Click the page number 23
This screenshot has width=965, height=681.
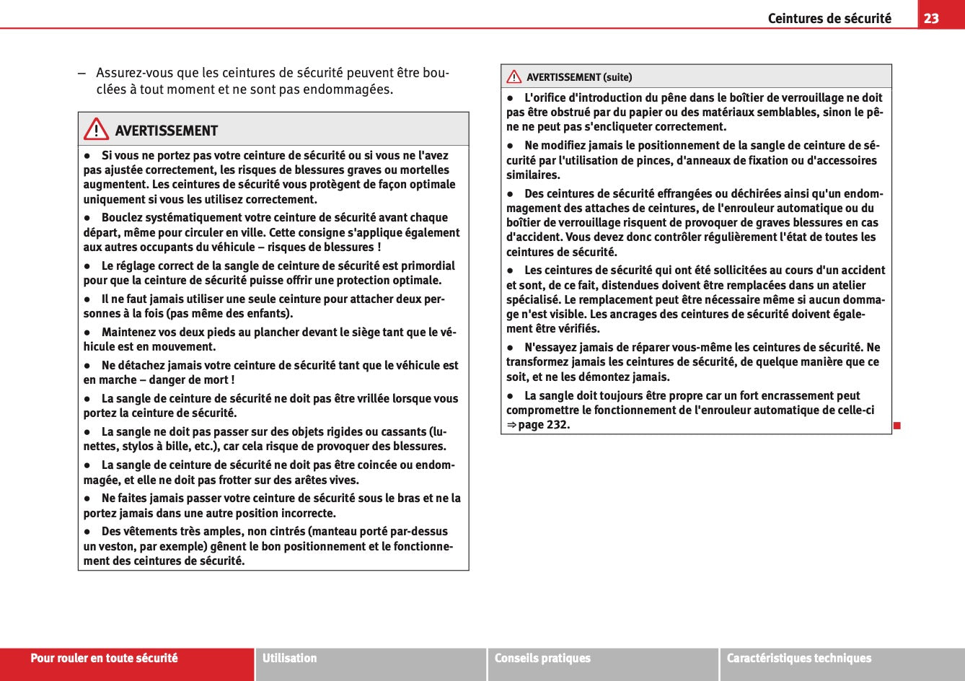pyautogui.click(x=931, y=18)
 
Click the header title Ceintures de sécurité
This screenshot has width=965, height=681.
pyautogui.click(x=829, y=18)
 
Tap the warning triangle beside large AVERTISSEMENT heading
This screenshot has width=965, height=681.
pyautogui.click(x=95, y=131)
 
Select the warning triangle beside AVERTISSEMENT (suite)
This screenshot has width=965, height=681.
pyautogui.click(x=514, y=76)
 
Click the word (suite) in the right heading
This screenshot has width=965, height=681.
pyautogui.click(x=617, y=77)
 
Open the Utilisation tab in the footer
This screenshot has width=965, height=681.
pyautogui.click(x=290, y=658)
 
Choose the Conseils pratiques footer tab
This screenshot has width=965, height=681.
pyautogui.click(x=542, y=658)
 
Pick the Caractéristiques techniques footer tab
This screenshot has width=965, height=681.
pyautogui.click(x=798, y=658)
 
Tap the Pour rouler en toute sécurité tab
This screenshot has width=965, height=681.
pyautogui.click(x=104, y=658)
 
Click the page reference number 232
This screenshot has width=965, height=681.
pyautogui.click(x=558, y=424)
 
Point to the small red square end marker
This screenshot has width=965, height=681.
pyautogui.click(x=896, y=425)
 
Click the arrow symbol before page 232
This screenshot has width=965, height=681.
pyautogui.click(x=511, y=424)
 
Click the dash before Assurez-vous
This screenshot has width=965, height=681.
pyautogui.click(x=82, y=74)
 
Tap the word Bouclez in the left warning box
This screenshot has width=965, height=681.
pyautogui.click(x=123, y=217)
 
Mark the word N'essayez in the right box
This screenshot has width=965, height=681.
pyautogui.click(x=551, y=347)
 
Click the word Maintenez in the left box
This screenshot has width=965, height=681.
pyautogui.click(x=132, y=332)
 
